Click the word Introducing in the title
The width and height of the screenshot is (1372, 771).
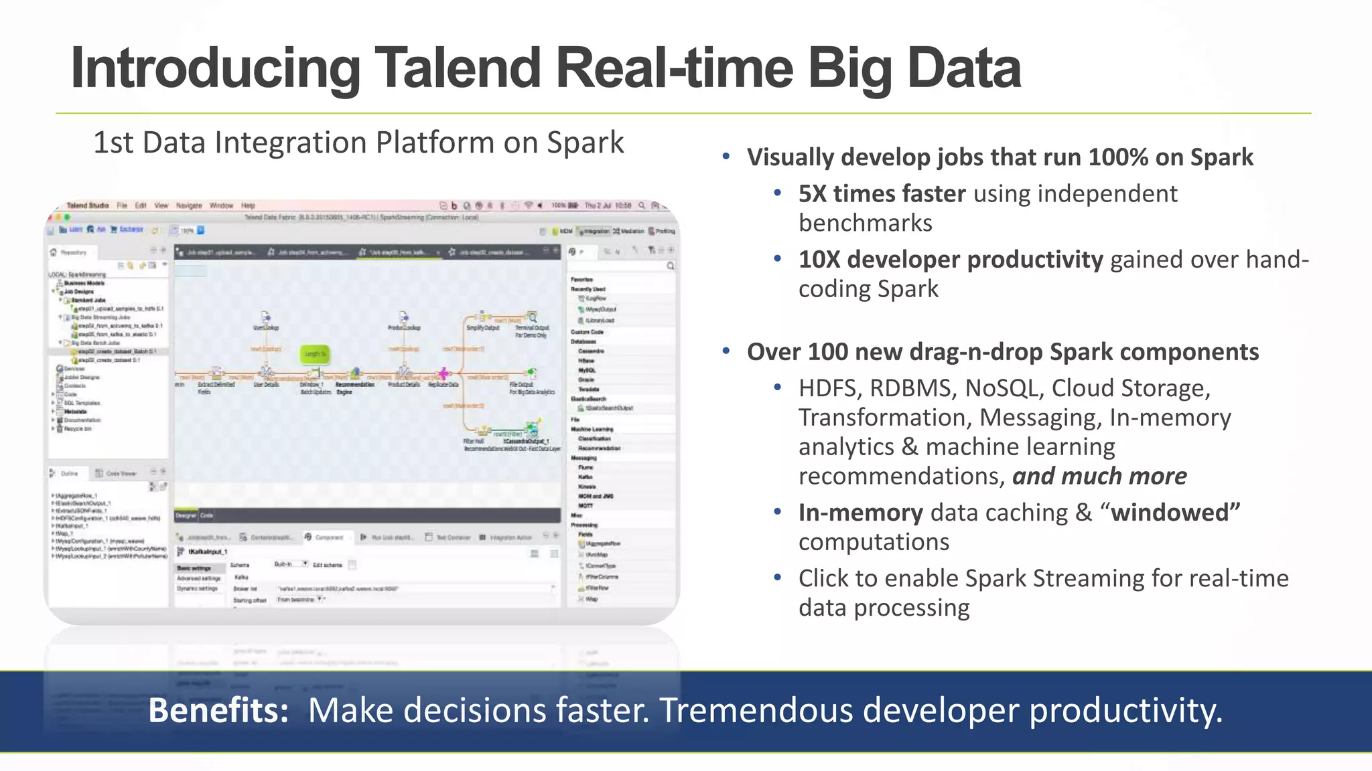[x=214, y=68]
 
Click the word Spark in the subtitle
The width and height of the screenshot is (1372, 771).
[x=585, y=143]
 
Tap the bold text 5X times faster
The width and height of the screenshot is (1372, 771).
[x=881, y=194]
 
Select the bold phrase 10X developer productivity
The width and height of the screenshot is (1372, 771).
[x=950, y=260]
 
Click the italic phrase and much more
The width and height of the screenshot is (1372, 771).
[x=1099, y=477]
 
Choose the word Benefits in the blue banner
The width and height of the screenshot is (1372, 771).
[x=218, y=711]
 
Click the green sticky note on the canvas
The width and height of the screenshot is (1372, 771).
[x=315, y=353]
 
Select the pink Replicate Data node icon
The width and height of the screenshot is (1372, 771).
[x=443, y=373]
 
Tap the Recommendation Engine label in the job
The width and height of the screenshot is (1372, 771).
[x=354, y=388]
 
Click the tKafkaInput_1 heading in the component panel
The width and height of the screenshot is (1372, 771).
[x=207, y=551]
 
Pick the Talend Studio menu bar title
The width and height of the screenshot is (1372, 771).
[x=87, y=205]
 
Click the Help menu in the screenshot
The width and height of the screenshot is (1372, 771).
[x=248, y=205]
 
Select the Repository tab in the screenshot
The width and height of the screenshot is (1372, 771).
[x=73, y=252]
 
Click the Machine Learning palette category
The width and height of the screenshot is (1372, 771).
[x=592, y=429]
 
